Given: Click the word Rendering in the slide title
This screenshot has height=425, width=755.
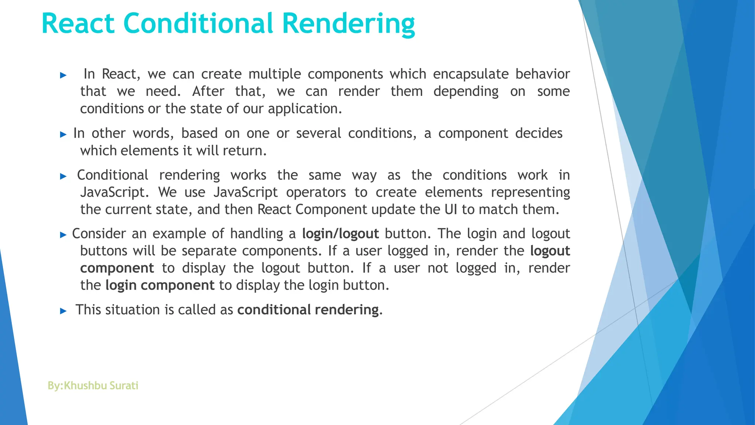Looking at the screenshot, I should click(x=348, y=24).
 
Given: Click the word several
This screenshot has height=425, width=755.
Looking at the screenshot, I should click(x=319, y=133).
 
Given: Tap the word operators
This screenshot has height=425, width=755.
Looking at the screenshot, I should click(x=316, y=192).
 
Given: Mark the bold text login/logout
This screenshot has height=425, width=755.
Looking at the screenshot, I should click(x=340, y=234).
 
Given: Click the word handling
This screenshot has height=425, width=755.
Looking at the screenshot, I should click(x=257, y=234).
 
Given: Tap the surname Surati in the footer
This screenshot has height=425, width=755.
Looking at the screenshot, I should click(x=124, y=386).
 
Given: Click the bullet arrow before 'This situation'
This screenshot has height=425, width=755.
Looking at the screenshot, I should click(x=63, y=311).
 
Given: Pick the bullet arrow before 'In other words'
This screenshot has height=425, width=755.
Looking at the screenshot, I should click(x=63, y=135).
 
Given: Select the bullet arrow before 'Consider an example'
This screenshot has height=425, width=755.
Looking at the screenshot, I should click(x=63, y=235).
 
